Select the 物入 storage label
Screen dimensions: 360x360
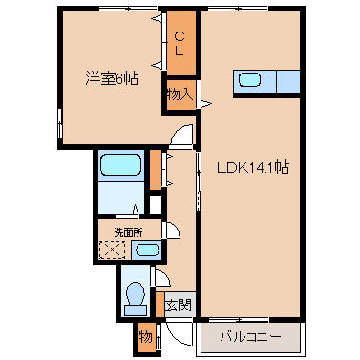(180, 94)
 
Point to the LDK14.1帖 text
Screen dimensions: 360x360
(254, 168)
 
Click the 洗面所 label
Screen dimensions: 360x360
(128, 232)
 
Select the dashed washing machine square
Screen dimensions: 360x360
(114, 251)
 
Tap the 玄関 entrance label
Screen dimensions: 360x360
(178, 307)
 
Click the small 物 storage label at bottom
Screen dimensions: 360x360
(144, 337)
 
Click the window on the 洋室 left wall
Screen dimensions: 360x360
(59, 119)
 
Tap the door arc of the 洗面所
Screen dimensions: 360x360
(173, 232)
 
